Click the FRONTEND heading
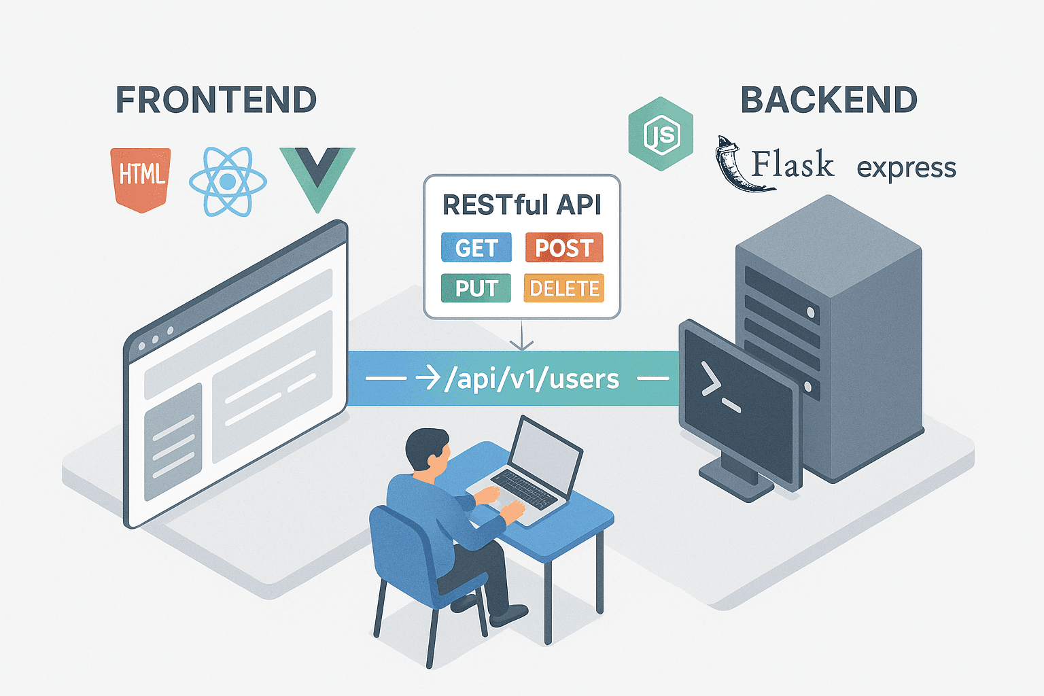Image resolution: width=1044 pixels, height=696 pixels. pos(216,100)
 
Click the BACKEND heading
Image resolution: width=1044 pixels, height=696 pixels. pos(829,100)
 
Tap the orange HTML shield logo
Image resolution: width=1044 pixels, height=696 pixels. pos(141,178)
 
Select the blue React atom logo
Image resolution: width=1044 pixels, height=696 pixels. pos(228,181)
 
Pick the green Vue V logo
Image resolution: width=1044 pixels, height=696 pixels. pos(317,175)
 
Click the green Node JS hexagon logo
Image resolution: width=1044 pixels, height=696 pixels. pos(661,134)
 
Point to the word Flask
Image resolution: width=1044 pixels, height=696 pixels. pos(793,164)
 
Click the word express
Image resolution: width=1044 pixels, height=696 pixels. pos(906,167)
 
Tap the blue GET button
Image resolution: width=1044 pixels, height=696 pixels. pos(476,248)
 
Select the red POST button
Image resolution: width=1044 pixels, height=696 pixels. pos(563,248)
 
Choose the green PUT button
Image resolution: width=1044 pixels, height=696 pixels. pos(476,288)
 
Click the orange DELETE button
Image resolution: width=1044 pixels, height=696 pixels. pos(563,288)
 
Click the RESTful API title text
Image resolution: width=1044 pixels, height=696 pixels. pos(521,205)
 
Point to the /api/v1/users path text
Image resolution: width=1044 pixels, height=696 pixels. pos(531,379)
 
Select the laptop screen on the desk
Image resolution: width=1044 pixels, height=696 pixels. pos(546,457)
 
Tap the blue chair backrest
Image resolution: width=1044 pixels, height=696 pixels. pos(401,551)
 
